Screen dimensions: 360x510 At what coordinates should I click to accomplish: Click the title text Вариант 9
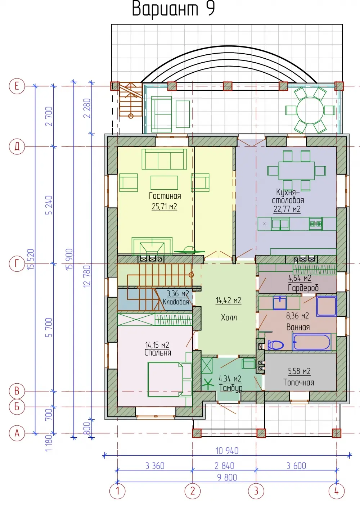tap(173, 9)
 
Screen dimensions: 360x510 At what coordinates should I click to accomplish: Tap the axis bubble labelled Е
tap(17, 86)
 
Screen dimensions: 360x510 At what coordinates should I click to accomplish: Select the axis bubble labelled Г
tap(17, 264)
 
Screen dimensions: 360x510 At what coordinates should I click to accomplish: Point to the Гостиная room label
tap(165, 195)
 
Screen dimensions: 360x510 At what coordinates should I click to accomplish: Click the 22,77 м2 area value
tap(287, 209)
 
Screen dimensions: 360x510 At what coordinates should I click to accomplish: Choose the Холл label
tap(229, 317)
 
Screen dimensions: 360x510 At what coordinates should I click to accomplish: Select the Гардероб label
tap(303, 288)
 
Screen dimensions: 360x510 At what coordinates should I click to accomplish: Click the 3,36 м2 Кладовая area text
tap(178, 294)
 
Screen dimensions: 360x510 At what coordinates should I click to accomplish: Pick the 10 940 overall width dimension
tap(227, 451)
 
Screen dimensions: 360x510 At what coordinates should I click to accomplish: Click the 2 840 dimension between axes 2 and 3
tap(224, 466)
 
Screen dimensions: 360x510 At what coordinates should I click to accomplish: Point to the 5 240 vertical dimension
tap(49, 205)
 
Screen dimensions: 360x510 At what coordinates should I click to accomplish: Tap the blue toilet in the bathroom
tap(275, 345)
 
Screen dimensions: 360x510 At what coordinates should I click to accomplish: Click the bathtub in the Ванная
tap(311, 342)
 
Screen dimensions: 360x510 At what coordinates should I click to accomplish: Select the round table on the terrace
tap(310, 110)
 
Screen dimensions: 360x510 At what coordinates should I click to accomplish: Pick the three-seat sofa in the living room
tap(164, 159)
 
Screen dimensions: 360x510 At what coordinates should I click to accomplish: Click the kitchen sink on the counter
tap(280, 224)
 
